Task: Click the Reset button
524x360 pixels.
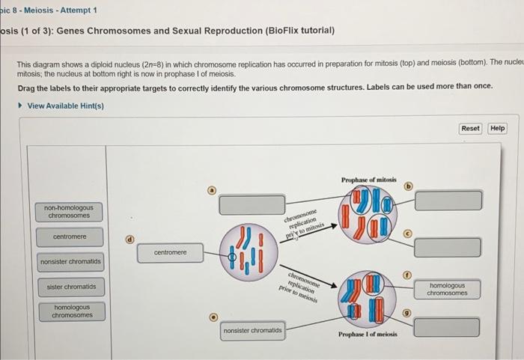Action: (470, 128)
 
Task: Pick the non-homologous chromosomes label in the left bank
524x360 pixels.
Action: (68, 211)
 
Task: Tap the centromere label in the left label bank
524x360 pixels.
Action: (70, 237)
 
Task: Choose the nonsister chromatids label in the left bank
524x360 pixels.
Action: (71, 262)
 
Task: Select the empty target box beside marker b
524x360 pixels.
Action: (448, 200)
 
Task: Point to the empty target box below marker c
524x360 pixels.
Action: (448, 247)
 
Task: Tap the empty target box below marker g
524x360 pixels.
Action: (448, 327)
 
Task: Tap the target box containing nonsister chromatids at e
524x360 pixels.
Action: (252, 330)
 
